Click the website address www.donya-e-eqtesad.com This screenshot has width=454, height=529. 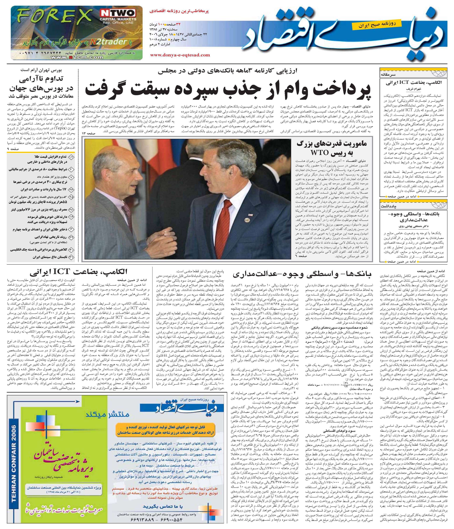tap(180, 55)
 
